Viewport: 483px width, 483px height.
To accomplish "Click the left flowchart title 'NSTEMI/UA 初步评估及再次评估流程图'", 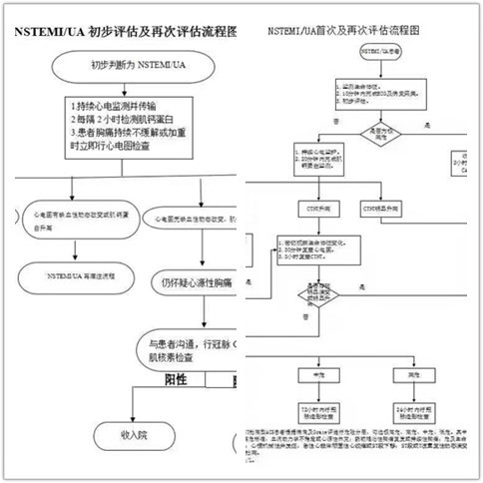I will [x=125, y=31].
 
